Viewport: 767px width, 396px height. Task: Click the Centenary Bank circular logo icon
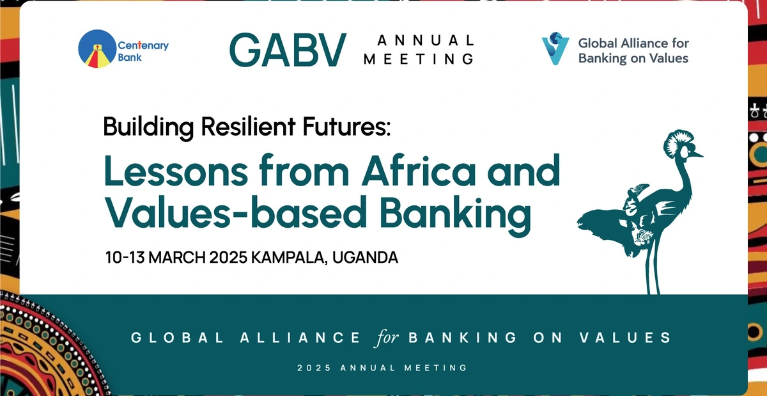click(97, 51)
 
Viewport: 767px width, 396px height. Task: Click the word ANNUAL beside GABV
click(426, 41)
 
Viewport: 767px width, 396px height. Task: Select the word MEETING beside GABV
click(419, 59)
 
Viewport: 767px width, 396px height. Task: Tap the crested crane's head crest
click(679, 137)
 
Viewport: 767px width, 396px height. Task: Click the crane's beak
click(697, 154)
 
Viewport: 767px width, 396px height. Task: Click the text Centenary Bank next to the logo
click(135, 52)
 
